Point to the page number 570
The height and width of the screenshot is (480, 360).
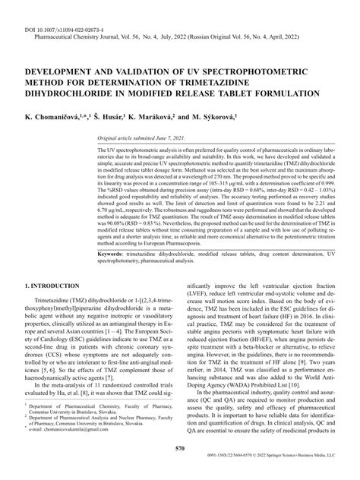[180, 450]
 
